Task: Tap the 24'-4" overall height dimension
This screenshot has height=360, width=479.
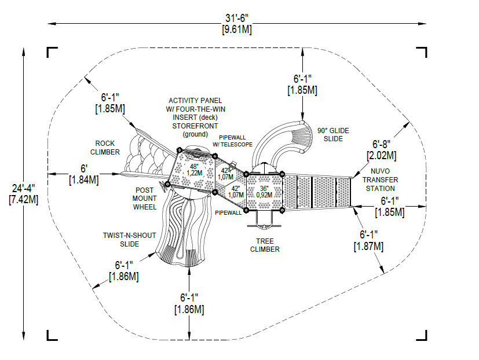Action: (x=23, y=189)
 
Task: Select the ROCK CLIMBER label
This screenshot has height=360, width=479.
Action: (x=105, y=148)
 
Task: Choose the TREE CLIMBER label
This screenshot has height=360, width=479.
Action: (x=265, y=245)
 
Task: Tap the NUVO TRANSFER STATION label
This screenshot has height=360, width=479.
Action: (x=381, y=179)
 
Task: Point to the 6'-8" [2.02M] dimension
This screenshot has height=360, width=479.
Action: (x=381, y=150)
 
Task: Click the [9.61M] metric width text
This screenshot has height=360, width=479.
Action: (x=236, y=30)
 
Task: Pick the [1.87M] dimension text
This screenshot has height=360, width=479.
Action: (x=370, y=246)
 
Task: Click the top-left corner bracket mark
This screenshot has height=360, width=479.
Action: (x=52, y=52)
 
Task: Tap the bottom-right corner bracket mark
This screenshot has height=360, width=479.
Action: (x=422, y=335)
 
